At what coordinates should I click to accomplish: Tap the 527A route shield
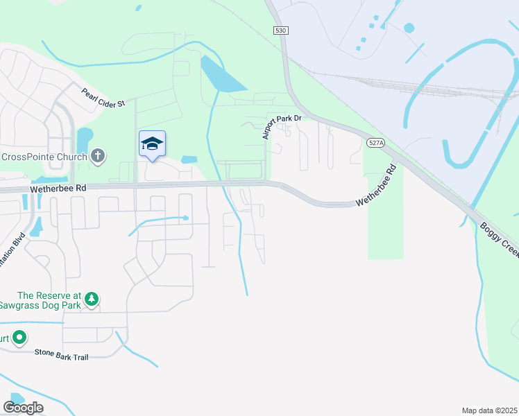[x=375, y=142]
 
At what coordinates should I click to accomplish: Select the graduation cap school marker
[x=152, y=144]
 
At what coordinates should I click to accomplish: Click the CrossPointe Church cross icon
[x=98, y=156]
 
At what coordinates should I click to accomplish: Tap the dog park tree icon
[x=91, y=300]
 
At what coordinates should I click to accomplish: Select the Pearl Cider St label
[x=103, y=97]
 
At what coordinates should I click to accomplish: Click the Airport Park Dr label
[x=282, y=126]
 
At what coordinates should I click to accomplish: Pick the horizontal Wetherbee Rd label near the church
[x=58, y=188]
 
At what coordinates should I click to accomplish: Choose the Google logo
[x=23, y=407]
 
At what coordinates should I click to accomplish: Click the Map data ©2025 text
[x=489, y=410]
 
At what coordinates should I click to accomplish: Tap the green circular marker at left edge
[x=19, y=338]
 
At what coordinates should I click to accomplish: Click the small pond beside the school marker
[x=189, y=159]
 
